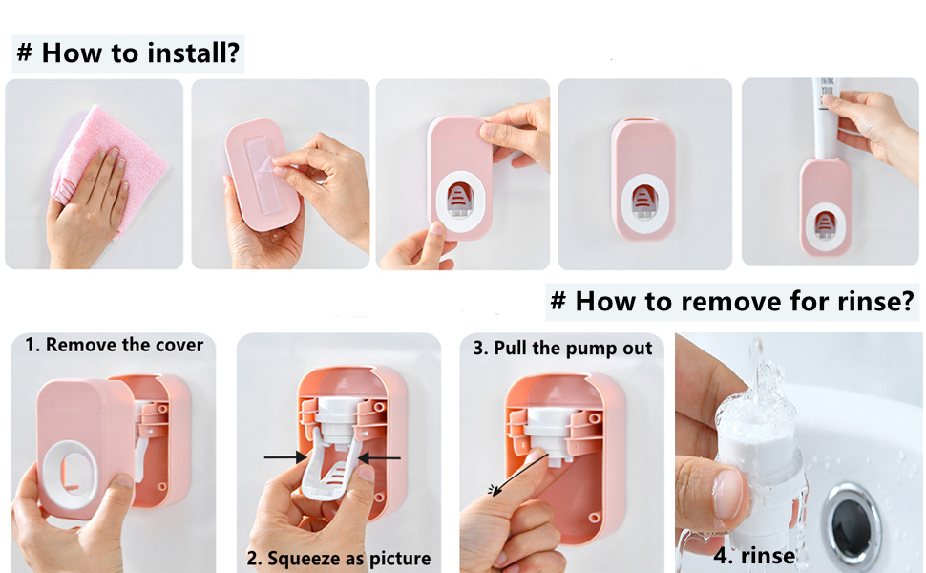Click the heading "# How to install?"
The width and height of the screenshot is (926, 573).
[128, 53]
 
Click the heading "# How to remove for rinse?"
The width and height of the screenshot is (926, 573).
[732, 301]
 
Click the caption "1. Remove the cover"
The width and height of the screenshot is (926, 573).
[114, 345]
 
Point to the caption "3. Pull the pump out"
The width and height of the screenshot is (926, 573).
[562, 348]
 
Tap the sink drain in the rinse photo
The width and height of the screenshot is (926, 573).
[855, 520]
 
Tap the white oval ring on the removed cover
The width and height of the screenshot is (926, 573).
[77, 478]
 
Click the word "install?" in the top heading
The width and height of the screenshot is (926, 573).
[191, 53]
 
